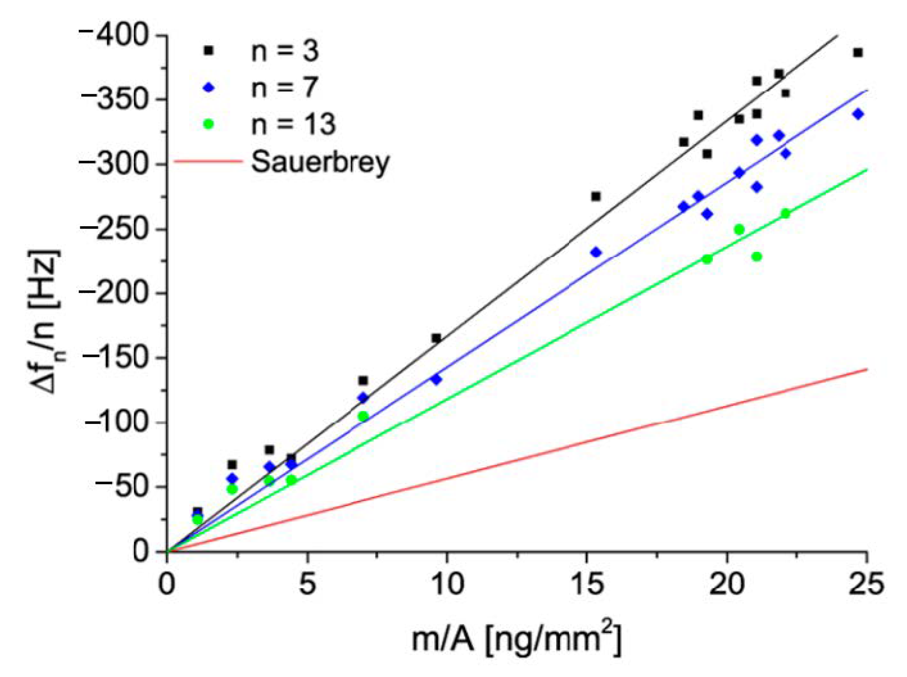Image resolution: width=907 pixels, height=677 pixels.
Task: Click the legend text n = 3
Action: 284,52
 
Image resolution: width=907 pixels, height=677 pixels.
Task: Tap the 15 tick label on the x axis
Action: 586,584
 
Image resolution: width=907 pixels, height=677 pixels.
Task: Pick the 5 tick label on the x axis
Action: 307,584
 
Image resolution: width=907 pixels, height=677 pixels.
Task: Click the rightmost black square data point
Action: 858,53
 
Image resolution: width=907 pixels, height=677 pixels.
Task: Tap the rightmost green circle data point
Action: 785,214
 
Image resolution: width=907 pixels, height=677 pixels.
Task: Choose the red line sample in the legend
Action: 208,161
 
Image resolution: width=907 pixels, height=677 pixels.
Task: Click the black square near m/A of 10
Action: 436,338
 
